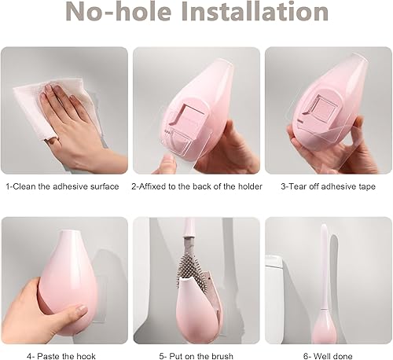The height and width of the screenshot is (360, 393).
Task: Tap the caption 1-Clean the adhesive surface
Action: click(62, 186)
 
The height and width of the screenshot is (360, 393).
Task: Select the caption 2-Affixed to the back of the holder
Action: click(196, 186)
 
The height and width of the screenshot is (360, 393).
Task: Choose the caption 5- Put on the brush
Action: click(196, 356)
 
